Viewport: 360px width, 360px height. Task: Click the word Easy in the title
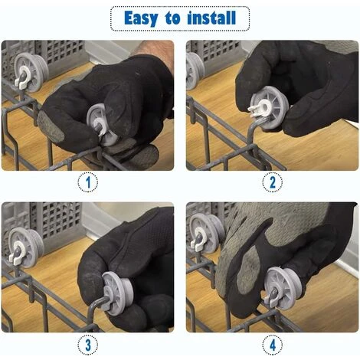click(x=141, y=18)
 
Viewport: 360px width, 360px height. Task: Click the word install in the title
click(x=211, y=18)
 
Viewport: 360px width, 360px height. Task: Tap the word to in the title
click(x=172, y=18)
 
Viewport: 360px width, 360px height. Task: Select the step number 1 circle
click(x=88, y=182)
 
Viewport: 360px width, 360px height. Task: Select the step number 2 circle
click(x=273, y=182)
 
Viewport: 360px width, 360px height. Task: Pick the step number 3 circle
click(x=88, y=345)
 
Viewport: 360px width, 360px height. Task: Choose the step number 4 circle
click(x=273, y=345)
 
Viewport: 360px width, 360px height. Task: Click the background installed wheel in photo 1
click(x=31, y=72)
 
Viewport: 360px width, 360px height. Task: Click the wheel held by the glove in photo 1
click(x=102, y=124)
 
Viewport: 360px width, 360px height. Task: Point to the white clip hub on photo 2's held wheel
click(x=261, y=109)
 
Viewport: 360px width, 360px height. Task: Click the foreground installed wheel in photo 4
click(x=282, y=288)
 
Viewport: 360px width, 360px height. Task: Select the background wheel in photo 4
click(x=206, y=234)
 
